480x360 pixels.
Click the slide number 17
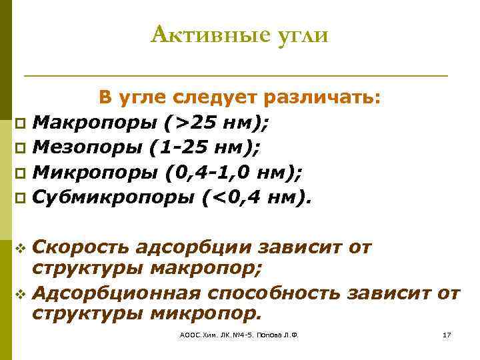(x=447, y=335)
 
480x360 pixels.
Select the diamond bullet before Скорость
(x=19, y=249)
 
